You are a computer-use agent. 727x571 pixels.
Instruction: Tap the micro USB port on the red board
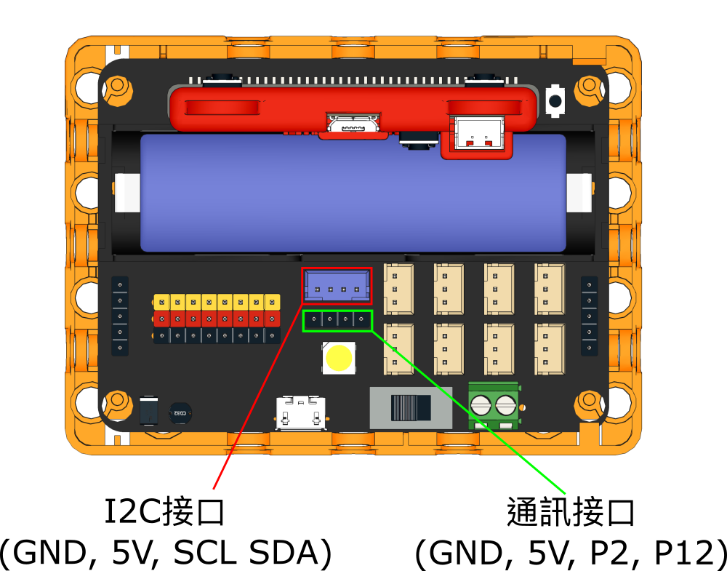(x=353, y=125)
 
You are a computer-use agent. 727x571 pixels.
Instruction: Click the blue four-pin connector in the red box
(x=337, y=284)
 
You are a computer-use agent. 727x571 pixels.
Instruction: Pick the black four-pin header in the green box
(x=337, y=319)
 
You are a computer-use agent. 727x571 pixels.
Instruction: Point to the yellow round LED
(x=339, y=358)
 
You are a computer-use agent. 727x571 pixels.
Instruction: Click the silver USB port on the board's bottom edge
(x=300, y=414)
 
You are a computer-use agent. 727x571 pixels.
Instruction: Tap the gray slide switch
(x=411, y=407)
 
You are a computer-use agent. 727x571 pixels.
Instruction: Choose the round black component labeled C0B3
(x=180, y=413)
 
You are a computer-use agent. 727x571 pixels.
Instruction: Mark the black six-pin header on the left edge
(x=120, y=316)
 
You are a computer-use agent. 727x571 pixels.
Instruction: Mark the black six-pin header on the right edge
(x=589, y=316)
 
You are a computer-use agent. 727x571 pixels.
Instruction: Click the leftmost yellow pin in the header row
(x=161, y=302)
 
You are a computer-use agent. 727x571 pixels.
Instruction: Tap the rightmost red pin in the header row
(x=272, y=319)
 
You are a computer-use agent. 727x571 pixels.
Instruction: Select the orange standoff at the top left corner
(x=117, y=88)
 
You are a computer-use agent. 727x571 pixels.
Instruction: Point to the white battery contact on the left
(x=127, y=193)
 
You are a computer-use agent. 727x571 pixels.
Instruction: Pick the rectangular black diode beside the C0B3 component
(x=149, y=411)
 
